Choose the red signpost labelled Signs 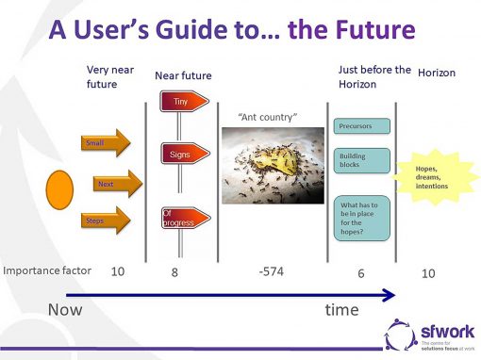[x=181, y=152]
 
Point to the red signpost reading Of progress [x=180, y=219]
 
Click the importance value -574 [x=271, y=272]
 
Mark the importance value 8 [x=173, y=272]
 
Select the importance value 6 [x=361, y=272]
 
